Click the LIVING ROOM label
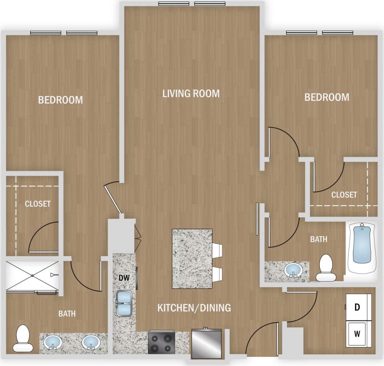pyautogui.click(x=191, y=94)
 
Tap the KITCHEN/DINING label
pyautogui.click(x=194, y=308)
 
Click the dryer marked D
pyautogui.click(x=356, y=308)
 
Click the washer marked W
pyautogui.click(x=356, y=334)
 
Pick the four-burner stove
pyautogui.click(x=161, y=343)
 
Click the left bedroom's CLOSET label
pyautogui.click(x=37, y=204)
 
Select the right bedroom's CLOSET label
pyautogui.click(x=344, y=195)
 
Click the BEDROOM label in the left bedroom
pyautogui.click(x=61, y=100)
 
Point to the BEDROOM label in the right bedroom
pyautogui.click(x=327, y=97)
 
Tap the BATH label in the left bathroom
pyautogui.click(x=67, y=314)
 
